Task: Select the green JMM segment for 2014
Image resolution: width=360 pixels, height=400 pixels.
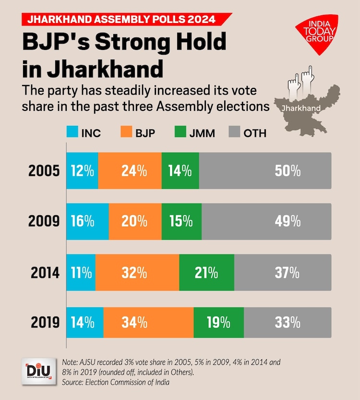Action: (x=207, y=273)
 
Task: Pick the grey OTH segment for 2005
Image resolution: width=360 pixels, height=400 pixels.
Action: (x=265, y=170)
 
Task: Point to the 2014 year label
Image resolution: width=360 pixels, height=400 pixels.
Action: (x=45, y=273)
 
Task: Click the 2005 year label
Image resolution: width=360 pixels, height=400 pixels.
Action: (x=45, y=170)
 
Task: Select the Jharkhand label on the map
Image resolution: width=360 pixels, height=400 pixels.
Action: (x=301, y=108)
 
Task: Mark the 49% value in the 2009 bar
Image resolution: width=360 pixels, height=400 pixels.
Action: (x=288, y=221)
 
